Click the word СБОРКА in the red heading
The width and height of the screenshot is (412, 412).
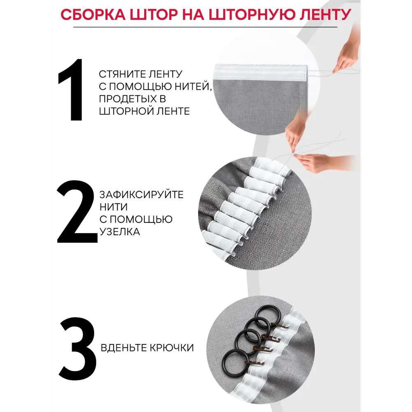tap(93, 14)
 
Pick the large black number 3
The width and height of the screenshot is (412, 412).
tap(78, 349)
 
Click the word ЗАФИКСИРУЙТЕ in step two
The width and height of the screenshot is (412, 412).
tap(141, 195)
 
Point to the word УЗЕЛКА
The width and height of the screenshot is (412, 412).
tap(119, 232)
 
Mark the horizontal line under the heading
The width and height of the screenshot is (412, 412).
tap(205, 27)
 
